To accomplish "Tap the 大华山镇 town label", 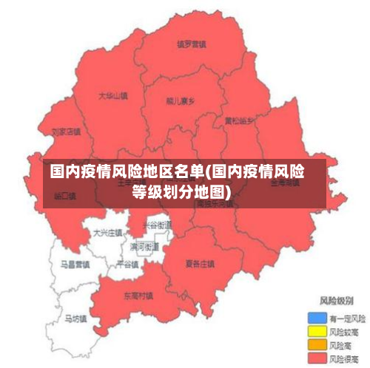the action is coord(113,96).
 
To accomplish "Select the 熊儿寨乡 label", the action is coord(181,101).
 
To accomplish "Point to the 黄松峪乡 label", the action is coord(239,120).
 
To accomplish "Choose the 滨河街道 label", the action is coord(144,246).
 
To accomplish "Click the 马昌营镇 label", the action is coord(75,263).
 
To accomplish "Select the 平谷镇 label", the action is coord(127,264).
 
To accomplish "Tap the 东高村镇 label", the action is coord(138,295).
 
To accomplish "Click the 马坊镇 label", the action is coord(75,319).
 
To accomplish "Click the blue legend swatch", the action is coord(317,318).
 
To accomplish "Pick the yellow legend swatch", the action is coord(317,332).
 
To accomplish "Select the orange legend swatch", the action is coord(317,345).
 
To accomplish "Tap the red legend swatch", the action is coord(317,358).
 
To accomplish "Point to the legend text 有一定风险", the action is coord(347,318).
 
